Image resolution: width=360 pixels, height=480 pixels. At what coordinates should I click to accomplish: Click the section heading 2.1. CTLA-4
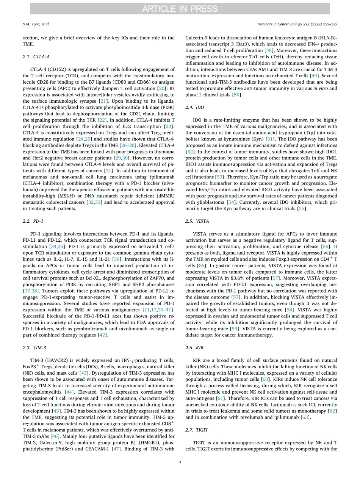coord(36,56)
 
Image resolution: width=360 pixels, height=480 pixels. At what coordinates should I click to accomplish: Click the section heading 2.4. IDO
coord(195,108)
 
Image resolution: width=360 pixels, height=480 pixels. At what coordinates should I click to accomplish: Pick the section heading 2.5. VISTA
coord(197,221)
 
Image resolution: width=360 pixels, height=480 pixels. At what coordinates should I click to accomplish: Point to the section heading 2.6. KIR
coord(194,347)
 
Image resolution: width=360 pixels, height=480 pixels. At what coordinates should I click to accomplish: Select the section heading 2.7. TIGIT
coord(197,430)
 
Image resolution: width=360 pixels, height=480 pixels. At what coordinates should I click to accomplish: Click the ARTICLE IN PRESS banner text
coord(180,9)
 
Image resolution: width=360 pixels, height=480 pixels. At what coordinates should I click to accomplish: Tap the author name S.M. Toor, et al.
coord(36,24)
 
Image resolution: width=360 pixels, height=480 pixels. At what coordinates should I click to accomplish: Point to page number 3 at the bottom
coord(180,461)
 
